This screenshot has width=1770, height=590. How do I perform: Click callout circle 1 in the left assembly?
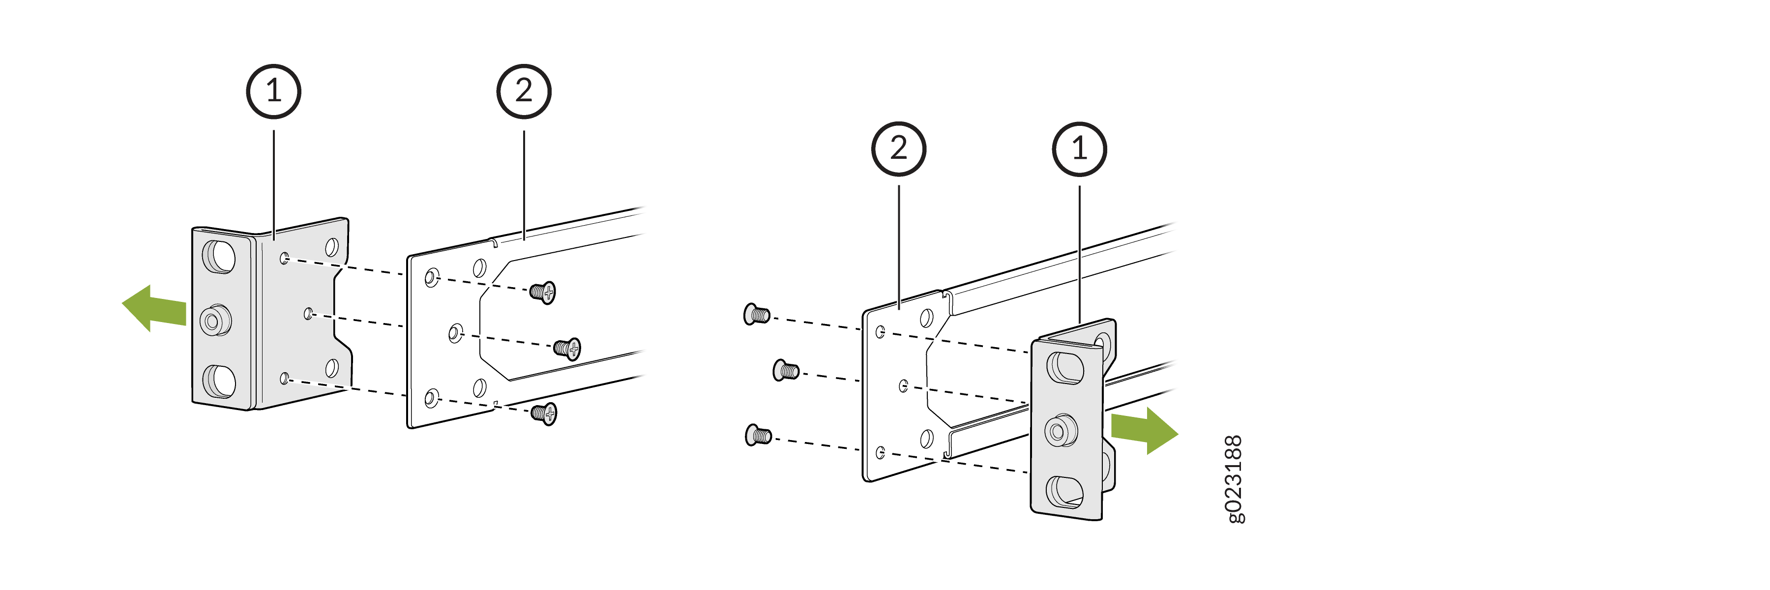coord(273,91)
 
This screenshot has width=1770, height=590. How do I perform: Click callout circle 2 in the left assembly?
coord(524,91)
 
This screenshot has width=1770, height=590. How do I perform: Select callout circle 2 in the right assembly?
coord(899,148)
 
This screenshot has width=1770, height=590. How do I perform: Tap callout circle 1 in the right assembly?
coord(1079,148)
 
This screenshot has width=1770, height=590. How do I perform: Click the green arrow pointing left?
coord(154,308)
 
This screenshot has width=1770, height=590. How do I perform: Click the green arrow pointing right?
coord(1145,430)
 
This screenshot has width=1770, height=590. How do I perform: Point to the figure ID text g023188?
coord(1235,479)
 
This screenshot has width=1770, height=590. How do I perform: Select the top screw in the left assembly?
coord(543,292)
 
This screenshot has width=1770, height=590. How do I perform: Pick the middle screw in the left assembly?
coord(567,348)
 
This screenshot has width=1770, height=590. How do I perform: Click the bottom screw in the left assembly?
coord(543,413)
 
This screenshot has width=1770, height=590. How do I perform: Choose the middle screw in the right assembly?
coord(786,371)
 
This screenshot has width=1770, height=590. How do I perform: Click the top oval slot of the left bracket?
coord(218,256)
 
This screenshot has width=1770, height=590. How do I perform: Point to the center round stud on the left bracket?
coord(214,320)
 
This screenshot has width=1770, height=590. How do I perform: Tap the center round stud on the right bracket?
coord(1060,431)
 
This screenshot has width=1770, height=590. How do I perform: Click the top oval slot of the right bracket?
coord(1064,367)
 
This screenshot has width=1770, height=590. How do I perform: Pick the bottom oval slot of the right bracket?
coord(1064,492)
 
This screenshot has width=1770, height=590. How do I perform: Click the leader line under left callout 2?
coord(524,185)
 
